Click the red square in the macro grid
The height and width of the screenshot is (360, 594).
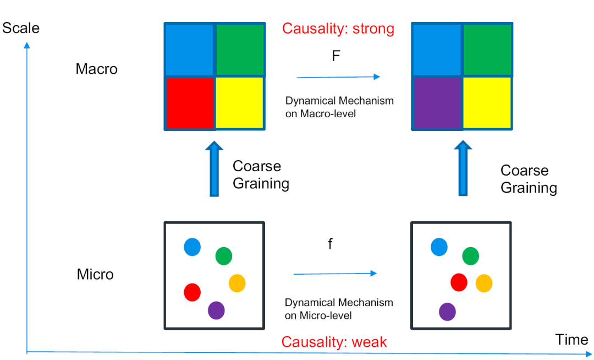click(x=190, y=103)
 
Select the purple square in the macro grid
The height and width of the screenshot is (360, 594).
click(x=438, y=103)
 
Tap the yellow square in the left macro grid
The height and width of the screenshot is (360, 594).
click(x=240, y=103)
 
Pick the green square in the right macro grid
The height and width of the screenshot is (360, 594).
click(x=487, y=50)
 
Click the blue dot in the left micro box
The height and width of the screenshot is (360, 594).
click(x=192, y=247)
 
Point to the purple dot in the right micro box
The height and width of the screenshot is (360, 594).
click(x=447, y=312)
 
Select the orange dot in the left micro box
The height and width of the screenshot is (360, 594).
click(x=237, y=283)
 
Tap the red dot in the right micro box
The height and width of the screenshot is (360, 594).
click(x=459, y=282)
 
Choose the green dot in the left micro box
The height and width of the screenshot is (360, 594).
click(x=223, y=256)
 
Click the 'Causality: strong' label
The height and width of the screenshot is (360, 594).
click(x=338, y=29)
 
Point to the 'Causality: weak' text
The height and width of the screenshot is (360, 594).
click(x=334, y=342)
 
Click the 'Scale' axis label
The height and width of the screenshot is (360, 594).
click(x=21, y=28)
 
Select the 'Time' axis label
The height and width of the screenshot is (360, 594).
click(x=571, y=340)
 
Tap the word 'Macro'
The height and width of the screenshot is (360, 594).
click(x=97, y=69)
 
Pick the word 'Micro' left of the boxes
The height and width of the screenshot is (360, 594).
click(x=95, y=274)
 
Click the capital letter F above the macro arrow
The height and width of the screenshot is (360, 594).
click(x=336, y=56)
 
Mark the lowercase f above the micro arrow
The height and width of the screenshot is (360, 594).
click(x=331, y=244)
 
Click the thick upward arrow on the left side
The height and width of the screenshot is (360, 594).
click(x=214, y=169)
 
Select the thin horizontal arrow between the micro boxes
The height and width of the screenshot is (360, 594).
click(x=335, y=274)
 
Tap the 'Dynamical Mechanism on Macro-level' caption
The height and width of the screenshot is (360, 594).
click(x=339, y=107)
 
